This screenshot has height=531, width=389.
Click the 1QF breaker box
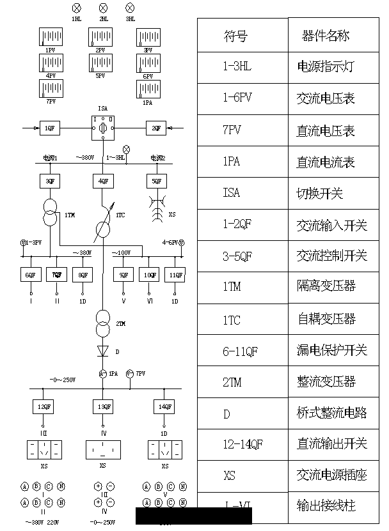pyautogui.click(x=49, y=128)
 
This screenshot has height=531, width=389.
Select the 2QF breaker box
pyautogui.click(x=157, y=128)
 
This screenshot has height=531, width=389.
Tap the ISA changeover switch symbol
pyautogui.click(x=103, y=128)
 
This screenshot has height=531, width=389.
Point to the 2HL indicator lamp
pyautogui.click(x=103, y=8)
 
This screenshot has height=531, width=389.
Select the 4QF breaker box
pyautogui.click(x=103, y=181)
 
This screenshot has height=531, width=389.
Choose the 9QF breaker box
pyautogui.click(x=123, y=275)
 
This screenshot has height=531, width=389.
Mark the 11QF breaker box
pyautogui.click(x=175, y=275)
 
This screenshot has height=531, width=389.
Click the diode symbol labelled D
pyautogui.click(x=103, y=350)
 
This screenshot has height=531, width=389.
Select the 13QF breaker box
pyautogui.click(x=103, y=406)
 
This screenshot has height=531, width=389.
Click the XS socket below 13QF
pyautogui.click(x=103, y=449)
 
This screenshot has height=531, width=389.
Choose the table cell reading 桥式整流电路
pyautogui.click(x=332, y=412)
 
